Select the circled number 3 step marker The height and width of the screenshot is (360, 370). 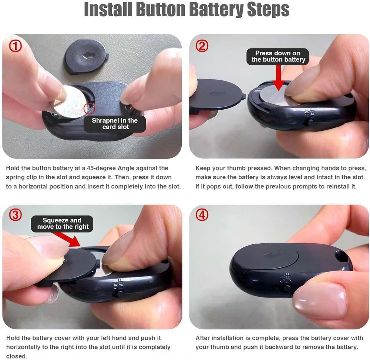coord(15,215)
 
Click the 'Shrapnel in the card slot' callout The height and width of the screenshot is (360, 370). coord(115,124)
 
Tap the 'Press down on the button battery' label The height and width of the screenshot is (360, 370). coord(278,56)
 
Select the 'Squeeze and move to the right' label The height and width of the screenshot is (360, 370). coord(63,223)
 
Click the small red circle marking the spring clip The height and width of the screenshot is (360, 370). coord(89,109)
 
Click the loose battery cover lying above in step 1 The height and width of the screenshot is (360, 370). coord(86,57)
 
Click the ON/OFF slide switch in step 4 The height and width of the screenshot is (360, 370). coord(287,288)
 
